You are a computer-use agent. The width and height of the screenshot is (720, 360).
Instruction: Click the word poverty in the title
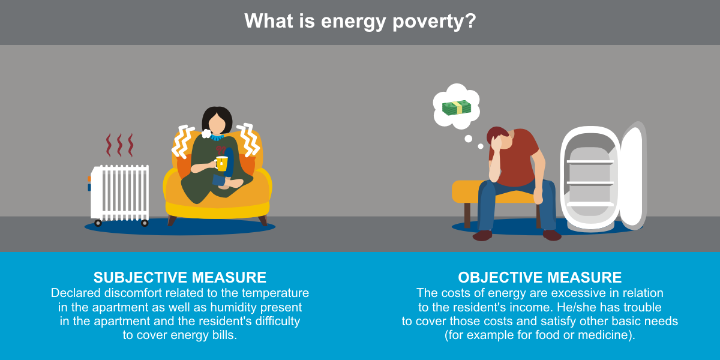434,22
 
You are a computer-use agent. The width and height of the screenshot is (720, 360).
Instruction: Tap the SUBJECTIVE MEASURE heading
180,277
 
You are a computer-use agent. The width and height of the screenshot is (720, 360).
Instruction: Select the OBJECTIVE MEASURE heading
539,277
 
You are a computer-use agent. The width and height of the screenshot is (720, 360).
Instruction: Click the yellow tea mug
221,163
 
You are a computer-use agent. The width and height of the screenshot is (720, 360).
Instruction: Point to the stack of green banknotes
457,107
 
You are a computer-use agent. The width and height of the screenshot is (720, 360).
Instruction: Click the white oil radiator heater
119,195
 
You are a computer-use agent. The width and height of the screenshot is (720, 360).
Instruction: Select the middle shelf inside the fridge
590,184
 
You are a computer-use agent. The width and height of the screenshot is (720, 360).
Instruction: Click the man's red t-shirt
517,157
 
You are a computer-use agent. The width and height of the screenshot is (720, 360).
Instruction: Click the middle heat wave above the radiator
119,145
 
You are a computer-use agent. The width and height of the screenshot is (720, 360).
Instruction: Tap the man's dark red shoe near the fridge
552,235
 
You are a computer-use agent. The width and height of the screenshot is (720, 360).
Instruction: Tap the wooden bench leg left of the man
467,215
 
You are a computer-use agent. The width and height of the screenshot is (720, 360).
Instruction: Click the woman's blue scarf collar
217,137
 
